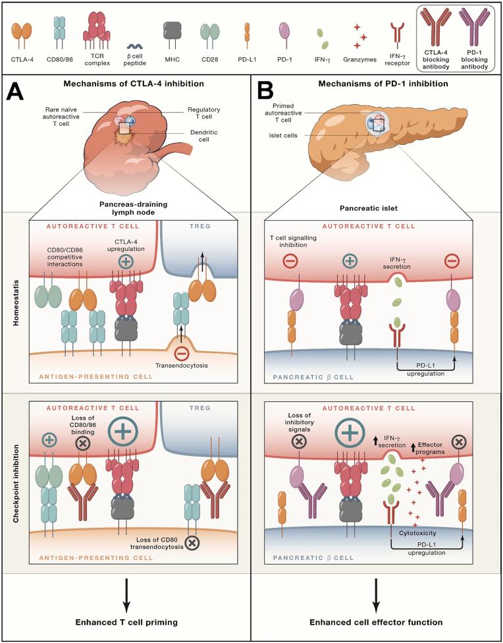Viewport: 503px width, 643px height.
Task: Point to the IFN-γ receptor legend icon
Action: (396, 34)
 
